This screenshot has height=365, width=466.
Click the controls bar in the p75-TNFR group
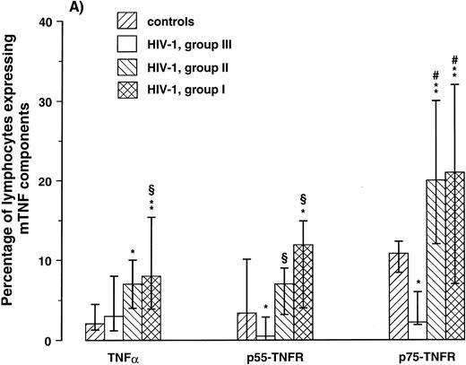coord(397,297)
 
